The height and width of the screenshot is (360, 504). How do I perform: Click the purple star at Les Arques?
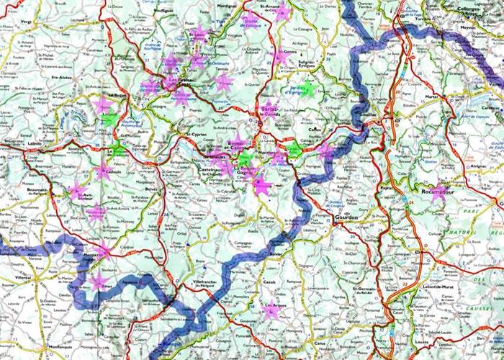click(271, 310)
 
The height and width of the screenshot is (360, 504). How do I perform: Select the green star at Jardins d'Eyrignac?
click(307, 91)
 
